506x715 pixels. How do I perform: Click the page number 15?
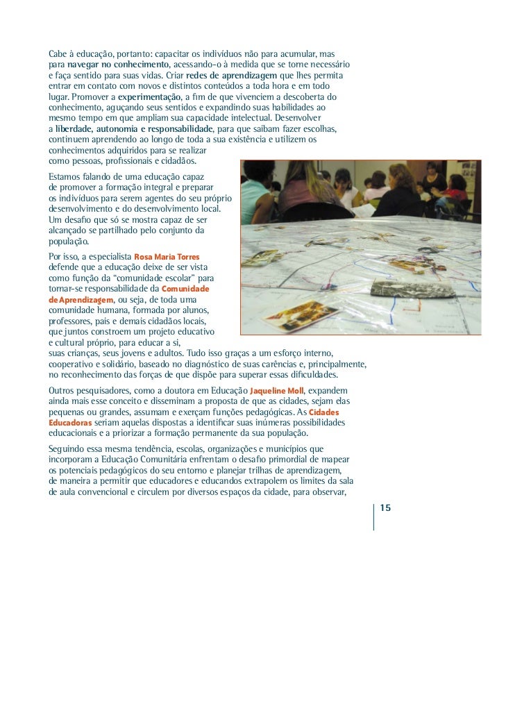(x=386, y=508)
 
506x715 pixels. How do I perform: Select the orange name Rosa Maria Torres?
(x=167, y=257)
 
